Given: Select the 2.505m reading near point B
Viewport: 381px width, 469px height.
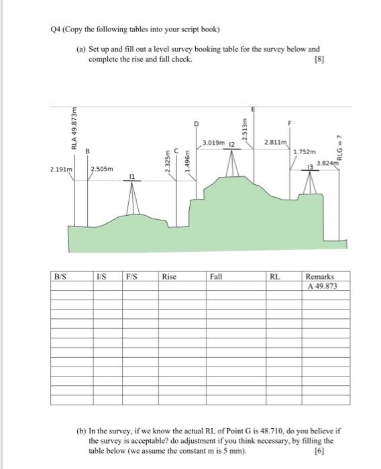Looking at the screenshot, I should (101, 169).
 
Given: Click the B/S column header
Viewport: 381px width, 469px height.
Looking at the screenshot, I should (61, 276).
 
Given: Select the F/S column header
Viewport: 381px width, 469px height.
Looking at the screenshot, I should (131, 276).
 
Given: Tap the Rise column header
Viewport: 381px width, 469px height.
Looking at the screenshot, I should (169, 276).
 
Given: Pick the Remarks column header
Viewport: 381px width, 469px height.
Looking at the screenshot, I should (319, 276).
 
